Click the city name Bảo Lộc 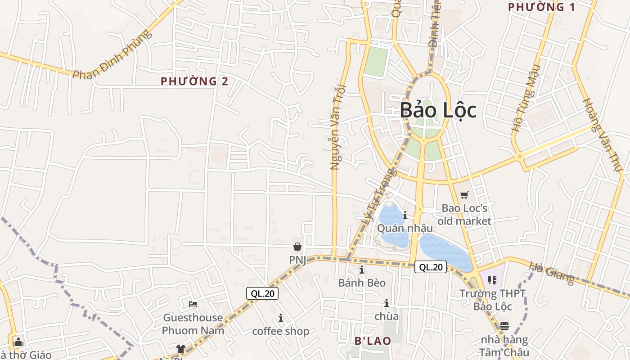[x=438, y=110]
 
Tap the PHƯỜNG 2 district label [x=194, y=81]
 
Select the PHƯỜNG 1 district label [x=541, y=7]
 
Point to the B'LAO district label [x=373, y=341]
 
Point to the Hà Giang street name [x=552, y=273]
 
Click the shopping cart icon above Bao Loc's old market [x=464, y=195]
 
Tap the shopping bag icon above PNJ [x=297, y=247]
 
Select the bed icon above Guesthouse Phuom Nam [x=193, y=304]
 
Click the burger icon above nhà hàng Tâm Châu [x=504, y=326]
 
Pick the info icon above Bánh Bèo [x=362, y=270]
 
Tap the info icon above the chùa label [x=386, y=303]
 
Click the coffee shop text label [x=280, y=331]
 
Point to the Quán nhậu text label [x=405, y=228]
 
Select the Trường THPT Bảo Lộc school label [x=492, y=300]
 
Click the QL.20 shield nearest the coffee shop [x=262, y=294]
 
